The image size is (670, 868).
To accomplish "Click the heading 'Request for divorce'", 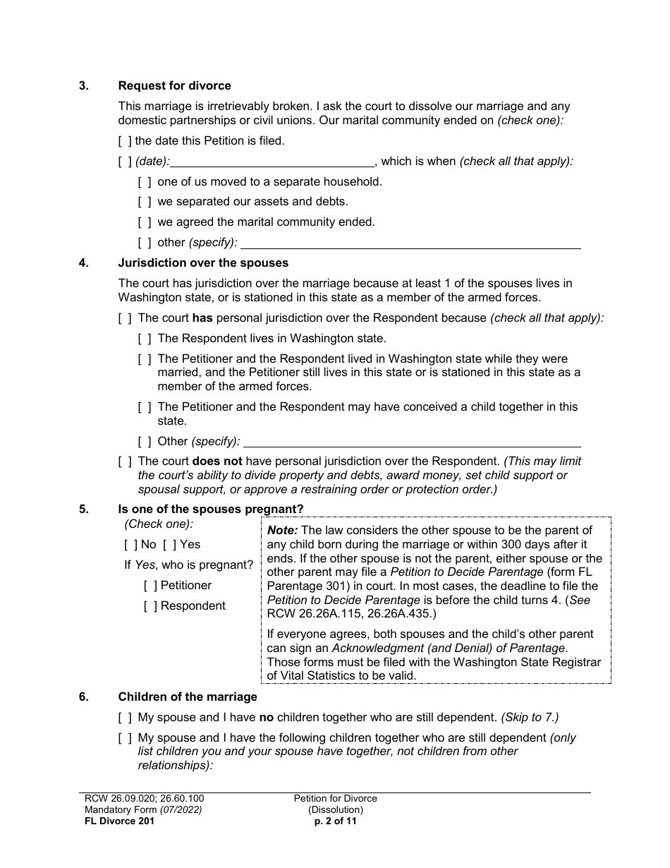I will point(174,86).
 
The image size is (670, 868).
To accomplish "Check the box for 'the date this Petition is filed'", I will point(125,141).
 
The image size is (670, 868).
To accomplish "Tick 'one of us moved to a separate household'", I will point(145,182).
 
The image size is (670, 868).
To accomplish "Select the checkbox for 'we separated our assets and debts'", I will point(145,202).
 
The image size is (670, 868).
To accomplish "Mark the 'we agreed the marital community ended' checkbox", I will point(145,222).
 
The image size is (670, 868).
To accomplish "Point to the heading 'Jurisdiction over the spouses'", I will point(203,263).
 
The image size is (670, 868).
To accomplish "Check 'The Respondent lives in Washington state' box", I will point(145,339).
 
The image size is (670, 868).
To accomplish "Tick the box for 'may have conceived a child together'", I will point(145,407).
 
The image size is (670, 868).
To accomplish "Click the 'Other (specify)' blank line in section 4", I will point(412,442).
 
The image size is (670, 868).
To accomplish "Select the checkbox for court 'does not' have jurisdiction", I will point(125,462).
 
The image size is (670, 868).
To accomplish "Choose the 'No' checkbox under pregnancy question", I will point(130,545).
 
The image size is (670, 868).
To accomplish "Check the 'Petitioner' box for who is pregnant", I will point(150,586).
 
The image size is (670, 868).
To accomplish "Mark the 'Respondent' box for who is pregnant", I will point(150,606).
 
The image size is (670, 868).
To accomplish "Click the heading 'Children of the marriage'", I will point(188,697).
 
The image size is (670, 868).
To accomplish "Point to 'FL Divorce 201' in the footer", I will point(115,821).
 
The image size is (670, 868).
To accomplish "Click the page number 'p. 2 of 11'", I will point(335,821).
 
